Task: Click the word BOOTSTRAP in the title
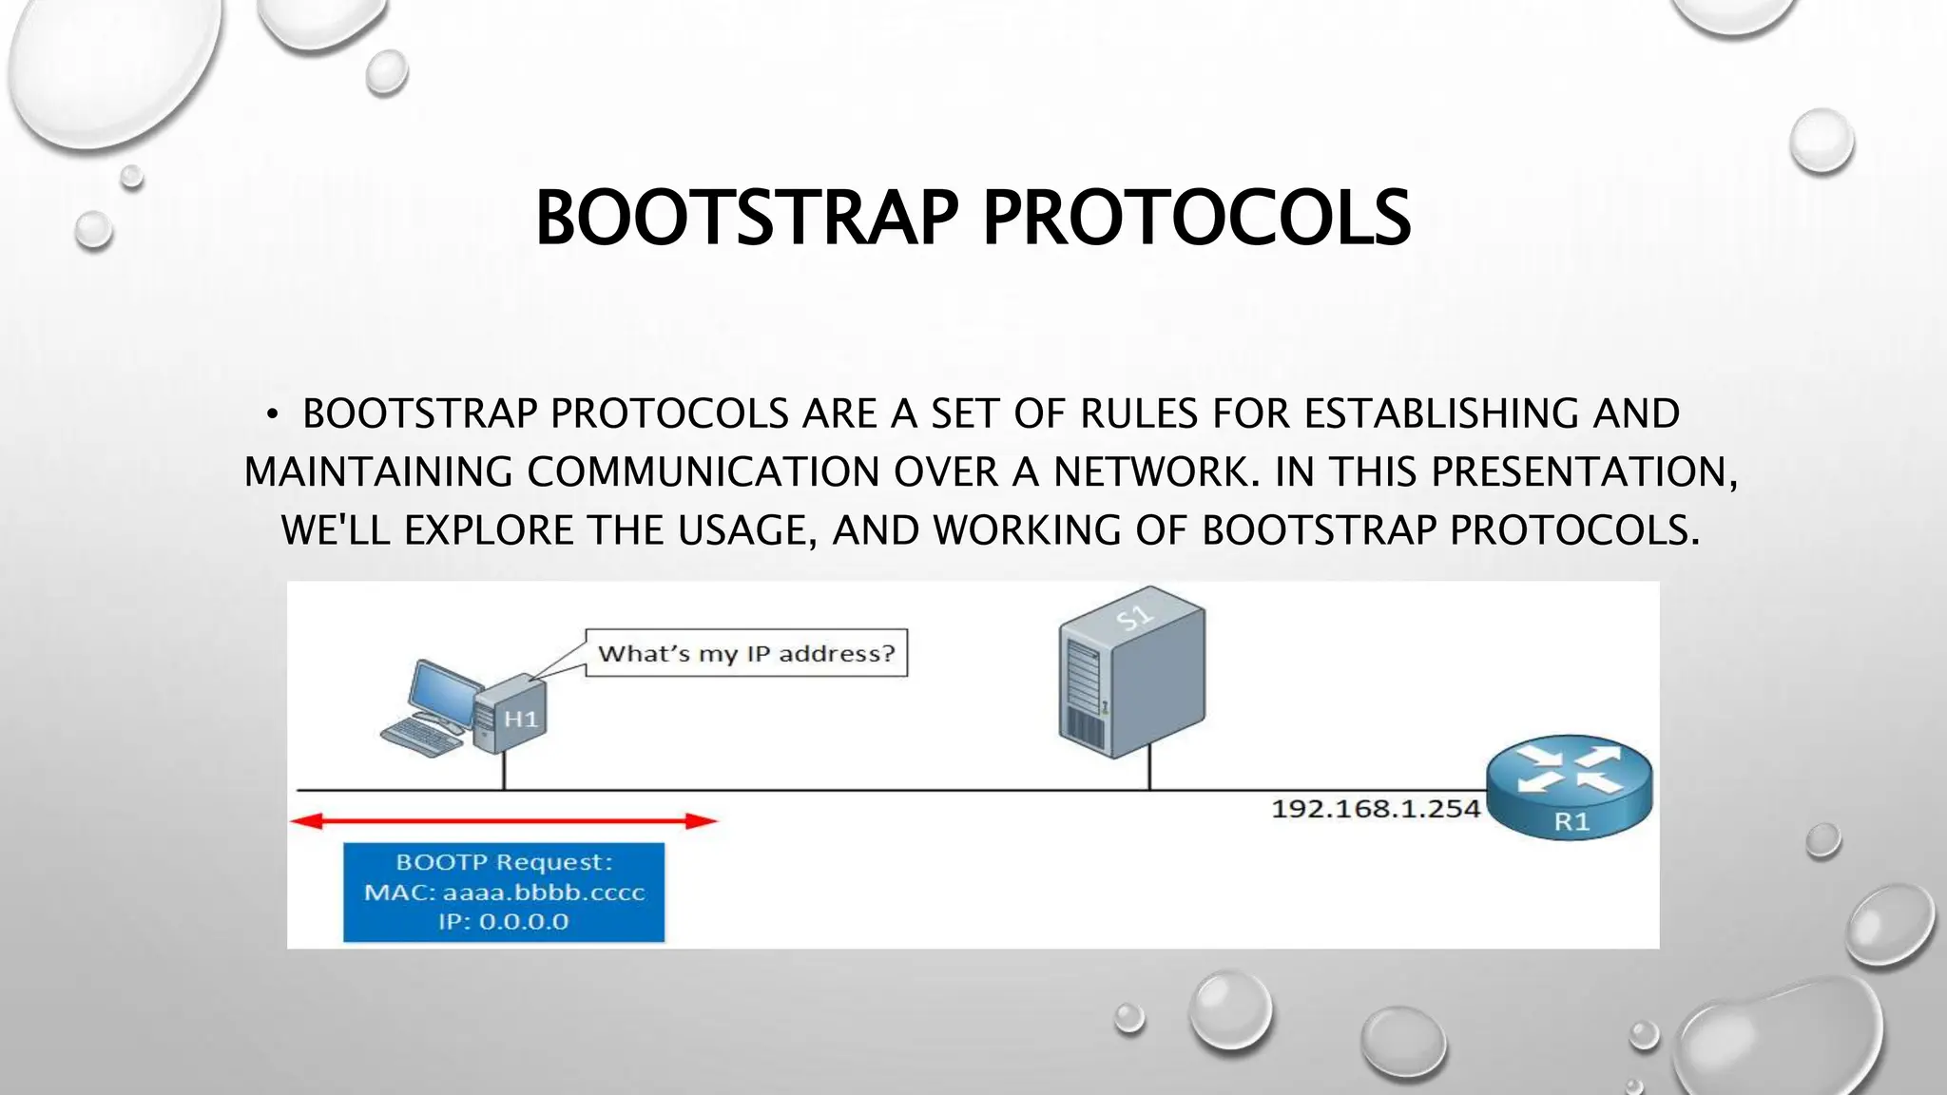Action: pos(746,218)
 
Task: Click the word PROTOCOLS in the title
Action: pos(1196,218)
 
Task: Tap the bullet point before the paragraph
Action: pos(272,414)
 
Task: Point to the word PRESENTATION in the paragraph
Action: pos(1578,472)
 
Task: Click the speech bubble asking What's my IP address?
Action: pos(746,653)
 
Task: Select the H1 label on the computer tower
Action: pos(520,719)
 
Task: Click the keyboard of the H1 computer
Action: pos(423,738)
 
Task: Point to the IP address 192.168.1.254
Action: pos(1375,809)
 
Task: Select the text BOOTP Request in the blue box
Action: pos(504,862)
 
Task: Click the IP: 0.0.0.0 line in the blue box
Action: pos(504,922)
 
